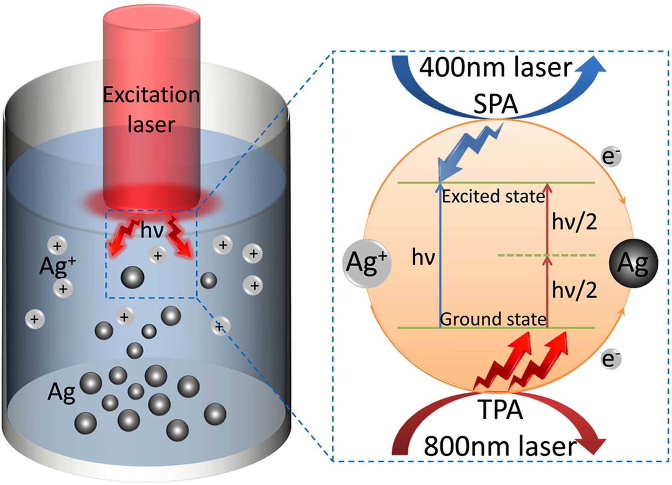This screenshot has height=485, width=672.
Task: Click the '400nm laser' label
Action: [495, 67]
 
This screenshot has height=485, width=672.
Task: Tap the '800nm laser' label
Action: [499, 447]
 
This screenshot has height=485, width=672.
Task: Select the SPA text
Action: [495, 104]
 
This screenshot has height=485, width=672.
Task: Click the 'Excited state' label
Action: [493, 196]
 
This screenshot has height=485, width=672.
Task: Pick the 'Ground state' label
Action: [493, 319]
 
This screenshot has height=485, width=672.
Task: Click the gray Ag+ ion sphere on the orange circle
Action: [367, 263]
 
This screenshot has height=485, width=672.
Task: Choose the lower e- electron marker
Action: [611, 359]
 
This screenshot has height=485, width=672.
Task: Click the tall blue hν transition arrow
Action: [440, 256]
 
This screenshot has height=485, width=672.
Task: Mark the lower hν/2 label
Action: [574, 290]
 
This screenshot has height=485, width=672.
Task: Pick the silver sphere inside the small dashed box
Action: [132, 278]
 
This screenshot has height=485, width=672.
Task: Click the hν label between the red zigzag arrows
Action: [152, 231]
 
